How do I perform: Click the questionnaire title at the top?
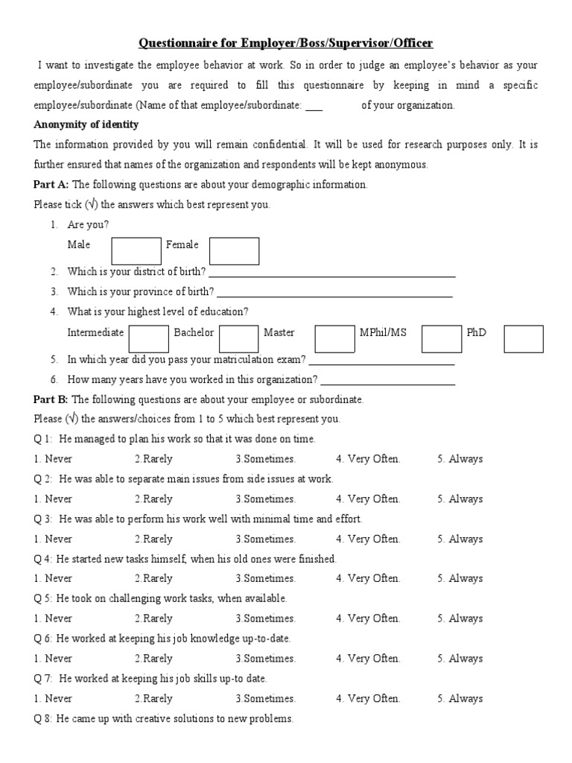click(286, 44)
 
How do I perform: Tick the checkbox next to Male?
click(136, 251)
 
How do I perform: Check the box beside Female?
click(234, 251)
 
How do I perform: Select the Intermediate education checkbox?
click(148, 338)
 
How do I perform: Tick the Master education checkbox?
click(334, 338)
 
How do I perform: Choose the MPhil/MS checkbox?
click(442, 338)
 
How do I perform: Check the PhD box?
click(524, 338)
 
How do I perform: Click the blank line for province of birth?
click(334, 294)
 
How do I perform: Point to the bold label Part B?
click(51, 399)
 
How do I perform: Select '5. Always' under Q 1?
click(460, 459)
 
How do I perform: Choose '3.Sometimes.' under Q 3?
click(265, 539)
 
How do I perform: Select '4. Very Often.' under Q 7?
click(368, 699)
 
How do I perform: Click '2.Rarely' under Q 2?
click(153, 499)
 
